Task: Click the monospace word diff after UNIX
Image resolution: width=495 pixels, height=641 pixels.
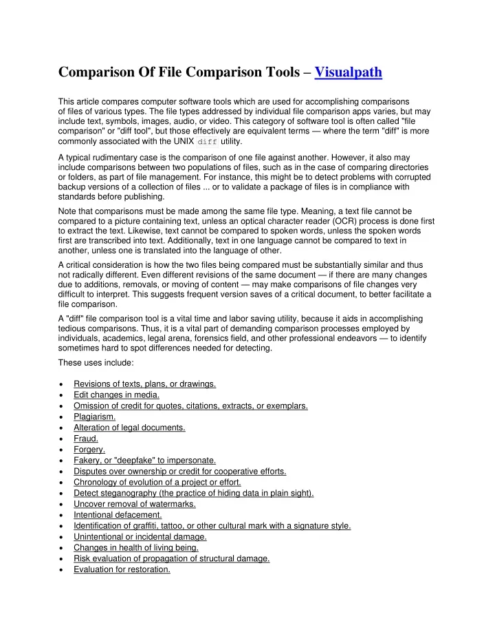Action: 207,142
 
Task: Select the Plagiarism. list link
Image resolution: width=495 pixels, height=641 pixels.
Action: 94,417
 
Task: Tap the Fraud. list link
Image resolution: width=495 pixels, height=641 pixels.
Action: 86,439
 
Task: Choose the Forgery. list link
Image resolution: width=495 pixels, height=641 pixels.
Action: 90,450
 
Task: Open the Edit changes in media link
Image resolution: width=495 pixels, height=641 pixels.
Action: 116,395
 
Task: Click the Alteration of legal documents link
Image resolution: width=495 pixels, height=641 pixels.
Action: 129,428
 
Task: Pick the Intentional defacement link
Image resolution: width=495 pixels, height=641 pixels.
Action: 118,514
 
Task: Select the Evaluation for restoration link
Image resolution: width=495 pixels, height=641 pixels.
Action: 122,569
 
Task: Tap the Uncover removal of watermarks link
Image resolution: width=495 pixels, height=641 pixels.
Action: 134,503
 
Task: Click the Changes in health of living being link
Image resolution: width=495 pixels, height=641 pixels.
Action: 136,547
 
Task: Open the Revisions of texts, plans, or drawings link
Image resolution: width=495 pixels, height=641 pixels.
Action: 144,383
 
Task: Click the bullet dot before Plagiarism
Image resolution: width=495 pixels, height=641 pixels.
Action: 63,417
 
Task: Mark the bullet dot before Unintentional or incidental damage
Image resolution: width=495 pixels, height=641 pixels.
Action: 63,537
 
